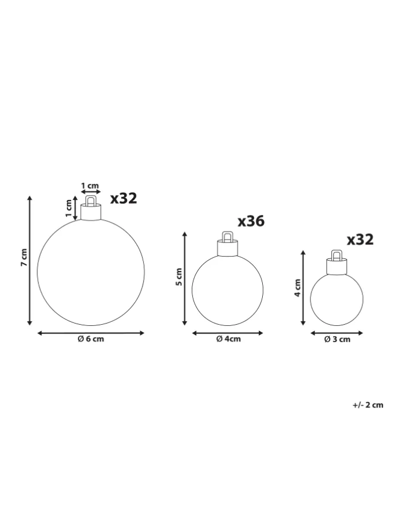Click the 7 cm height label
24,257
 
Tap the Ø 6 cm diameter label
90,339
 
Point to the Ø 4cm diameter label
228,339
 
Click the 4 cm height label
298,288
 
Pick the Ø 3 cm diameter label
337,340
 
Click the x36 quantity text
251,221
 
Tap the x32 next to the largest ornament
124,198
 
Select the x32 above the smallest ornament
360,240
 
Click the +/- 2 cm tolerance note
368,405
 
